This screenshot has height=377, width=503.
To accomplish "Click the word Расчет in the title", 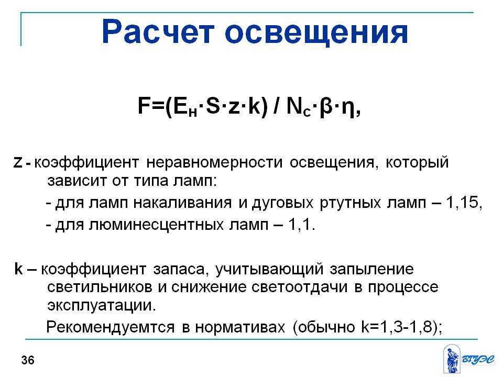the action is (x=158, y=32).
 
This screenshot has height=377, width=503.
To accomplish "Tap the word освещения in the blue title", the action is (x=316, y=34).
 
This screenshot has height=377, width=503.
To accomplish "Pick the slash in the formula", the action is (x=277, y=105).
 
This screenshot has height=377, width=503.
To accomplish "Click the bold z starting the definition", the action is (x=18, y=163).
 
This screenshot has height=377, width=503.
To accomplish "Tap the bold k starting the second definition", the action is (x=19, y=269).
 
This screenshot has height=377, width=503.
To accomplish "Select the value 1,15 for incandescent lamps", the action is (x=462, y=203).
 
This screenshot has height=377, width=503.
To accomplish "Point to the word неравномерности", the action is (x=214, y=163).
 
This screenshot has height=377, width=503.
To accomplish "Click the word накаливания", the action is (x=182, y=203).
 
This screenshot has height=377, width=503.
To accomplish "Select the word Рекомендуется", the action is (x=111, y=327).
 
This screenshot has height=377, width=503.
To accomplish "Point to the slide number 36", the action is (x=28, y=360).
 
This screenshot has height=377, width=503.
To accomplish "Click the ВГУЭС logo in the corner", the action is (x=469, y=359).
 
